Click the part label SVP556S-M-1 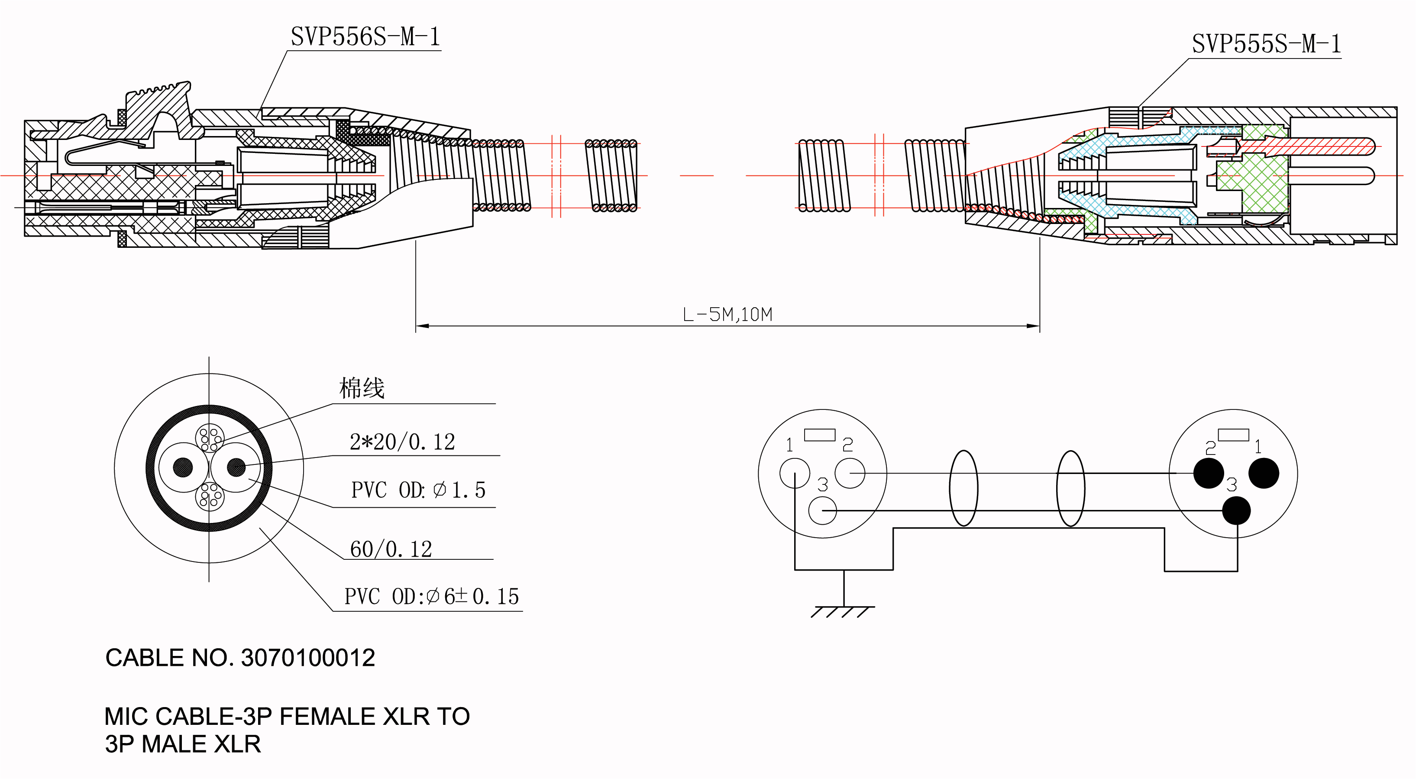365,37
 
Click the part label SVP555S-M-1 1266,45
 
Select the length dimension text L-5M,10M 727,315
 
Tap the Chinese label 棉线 362,388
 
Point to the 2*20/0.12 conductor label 402,442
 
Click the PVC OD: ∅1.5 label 418,490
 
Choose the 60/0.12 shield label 391,549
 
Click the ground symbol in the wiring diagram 843,610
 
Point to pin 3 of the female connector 822,510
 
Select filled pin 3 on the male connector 1236,510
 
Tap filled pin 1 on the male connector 1264,473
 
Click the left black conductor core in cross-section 183,467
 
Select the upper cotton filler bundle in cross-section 210,438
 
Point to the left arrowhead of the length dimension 421,326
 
